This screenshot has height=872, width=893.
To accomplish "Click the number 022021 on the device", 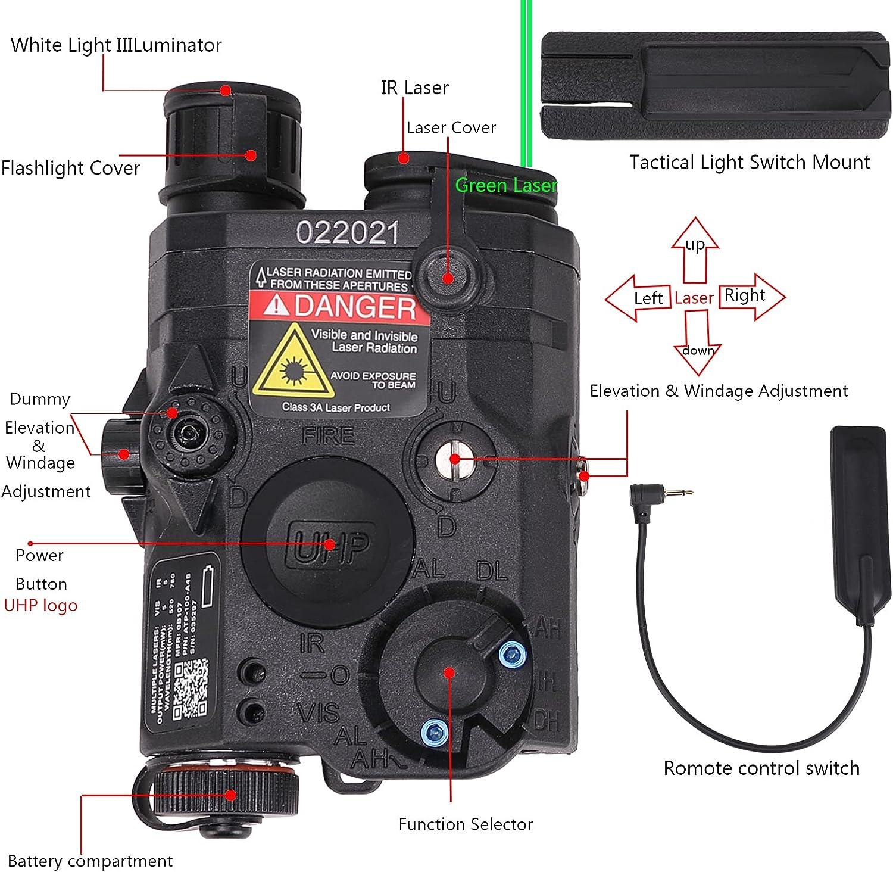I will [347, 232].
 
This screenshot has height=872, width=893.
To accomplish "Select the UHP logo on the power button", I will [329, 544].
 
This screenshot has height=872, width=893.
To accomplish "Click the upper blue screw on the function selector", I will [512, 653].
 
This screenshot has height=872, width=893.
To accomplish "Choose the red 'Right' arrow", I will [751, 296].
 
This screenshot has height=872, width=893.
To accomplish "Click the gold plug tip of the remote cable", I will [682, 492].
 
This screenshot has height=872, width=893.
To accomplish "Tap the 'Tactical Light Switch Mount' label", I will [750, 162].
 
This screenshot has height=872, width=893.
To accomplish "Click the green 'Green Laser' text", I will [506, 185].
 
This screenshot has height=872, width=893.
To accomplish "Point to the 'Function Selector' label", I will [465, 824].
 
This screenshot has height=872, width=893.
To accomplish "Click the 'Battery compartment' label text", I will [90, 861].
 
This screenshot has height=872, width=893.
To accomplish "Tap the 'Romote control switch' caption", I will [761, 768].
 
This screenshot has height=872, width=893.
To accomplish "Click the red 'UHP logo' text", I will [40, 605].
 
